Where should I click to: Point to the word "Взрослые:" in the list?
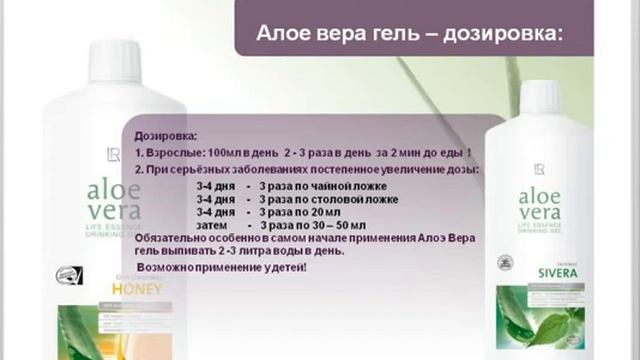coord(178,152)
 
